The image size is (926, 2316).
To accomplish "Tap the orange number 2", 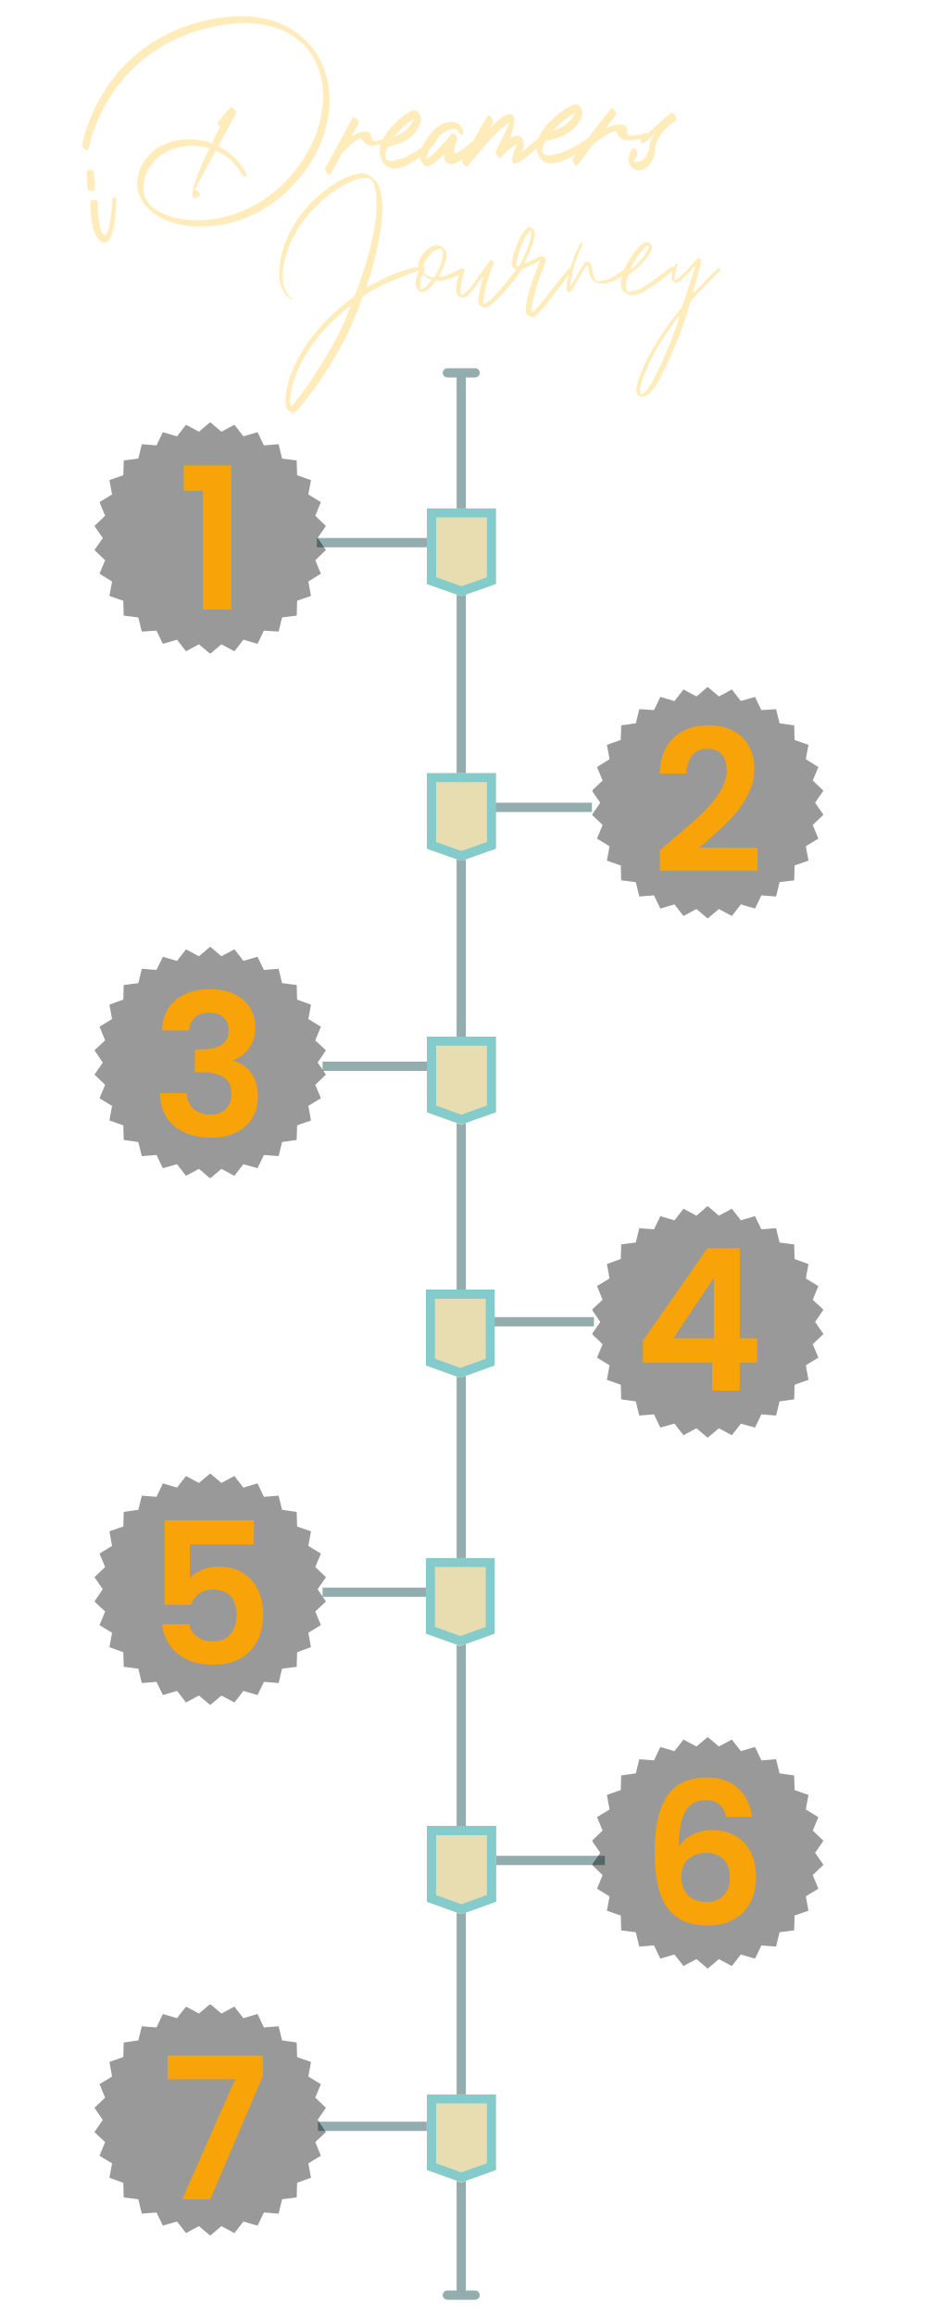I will click(708, 801).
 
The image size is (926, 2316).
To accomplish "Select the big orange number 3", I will click(210, 1064).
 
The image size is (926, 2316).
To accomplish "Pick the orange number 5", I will click(213, 1592).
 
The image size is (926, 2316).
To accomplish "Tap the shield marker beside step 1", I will click(461, 549).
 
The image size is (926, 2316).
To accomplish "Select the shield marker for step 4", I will click(461, 1330).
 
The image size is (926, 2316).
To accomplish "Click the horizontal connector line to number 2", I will click(544, 807).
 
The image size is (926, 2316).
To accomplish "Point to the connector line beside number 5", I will click(374, 1592).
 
